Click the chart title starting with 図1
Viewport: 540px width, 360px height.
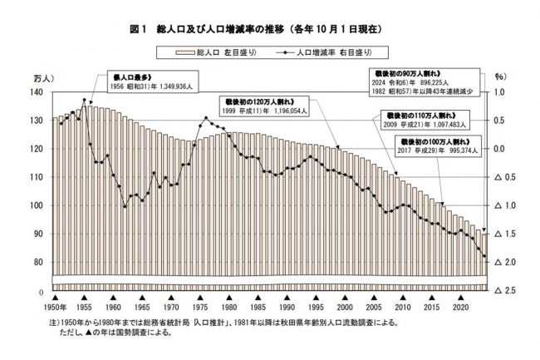(x=271, y=29)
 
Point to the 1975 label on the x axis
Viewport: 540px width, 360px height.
(x=199, y=308)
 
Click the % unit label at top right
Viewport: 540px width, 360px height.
(x=500, y=77)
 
